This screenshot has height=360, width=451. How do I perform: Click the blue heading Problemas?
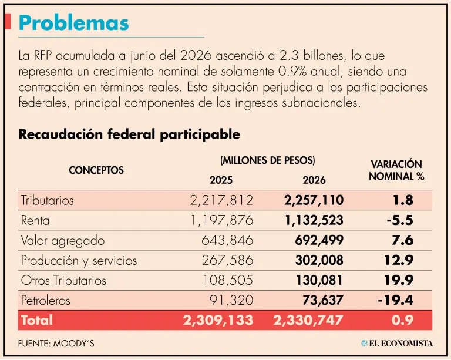(73, 23)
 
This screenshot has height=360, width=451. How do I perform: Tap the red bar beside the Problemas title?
(8, 21)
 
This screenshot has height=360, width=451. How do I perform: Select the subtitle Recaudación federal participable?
(129, 134)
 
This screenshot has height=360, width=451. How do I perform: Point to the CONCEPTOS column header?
(96, 170)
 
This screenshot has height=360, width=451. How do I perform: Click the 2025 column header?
(221, 180)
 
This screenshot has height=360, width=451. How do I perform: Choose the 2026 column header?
(314, 180)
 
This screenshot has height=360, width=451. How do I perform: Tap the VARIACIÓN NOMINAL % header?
(396, 170)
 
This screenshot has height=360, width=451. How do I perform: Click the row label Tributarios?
(47, 200)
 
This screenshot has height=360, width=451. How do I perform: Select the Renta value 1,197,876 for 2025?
(222, 220)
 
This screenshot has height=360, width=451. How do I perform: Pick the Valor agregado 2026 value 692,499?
(319, 240)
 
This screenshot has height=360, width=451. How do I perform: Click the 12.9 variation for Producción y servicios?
(399, 260)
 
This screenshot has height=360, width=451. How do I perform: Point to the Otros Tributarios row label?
(63, 280)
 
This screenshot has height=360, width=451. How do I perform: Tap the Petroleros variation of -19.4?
(396, 300)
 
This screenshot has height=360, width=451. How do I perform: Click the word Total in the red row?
(37, 320)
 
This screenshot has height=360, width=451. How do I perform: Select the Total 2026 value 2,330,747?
(308, 320)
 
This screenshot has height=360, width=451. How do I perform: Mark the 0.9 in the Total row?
(402, 320)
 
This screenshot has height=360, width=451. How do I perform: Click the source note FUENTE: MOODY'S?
(56, 344)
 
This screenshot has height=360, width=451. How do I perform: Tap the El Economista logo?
(397, 343)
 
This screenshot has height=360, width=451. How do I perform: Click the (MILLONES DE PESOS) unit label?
(268, 160)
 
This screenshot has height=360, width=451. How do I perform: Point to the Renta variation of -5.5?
(400, 220)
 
